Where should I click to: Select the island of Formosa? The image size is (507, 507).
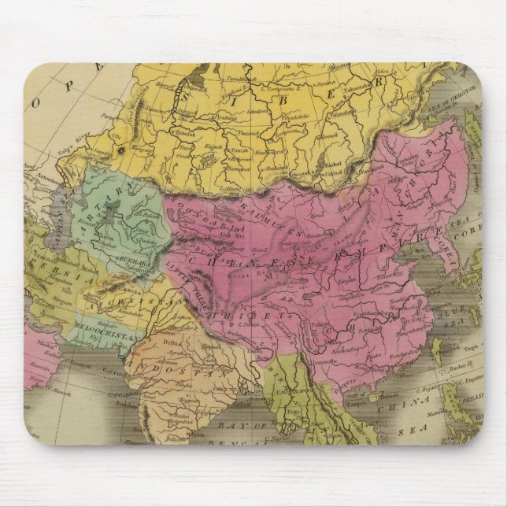coord(445,353)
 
